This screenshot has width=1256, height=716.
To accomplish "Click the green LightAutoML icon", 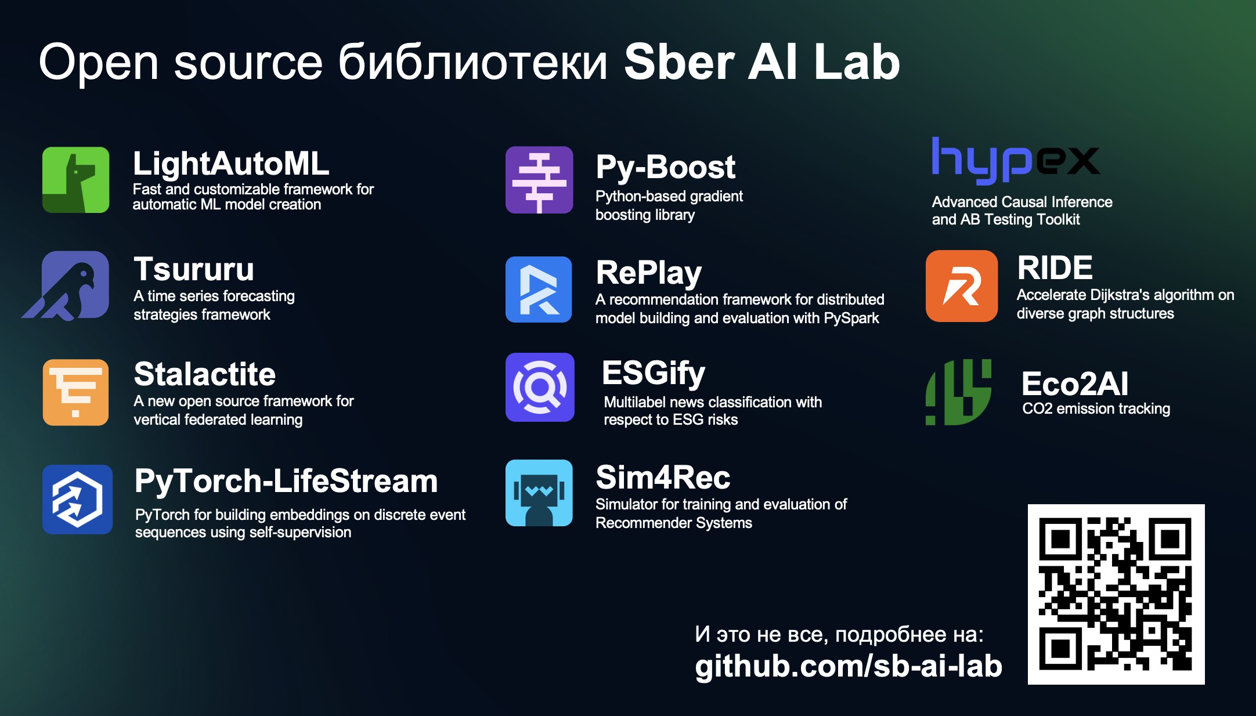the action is (75, 180).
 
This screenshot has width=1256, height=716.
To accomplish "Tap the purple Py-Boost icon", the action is (539, 180).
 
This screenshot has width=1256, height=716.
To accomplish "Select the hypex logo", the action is (1015, 161).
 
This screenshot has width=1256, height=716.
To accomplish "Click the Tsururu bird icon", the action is (67, 285).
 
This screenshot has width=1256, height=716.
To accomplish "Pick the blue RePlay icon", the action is (539, 290).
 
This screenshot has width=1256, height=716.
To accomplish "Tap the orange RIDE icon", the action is (962, 286).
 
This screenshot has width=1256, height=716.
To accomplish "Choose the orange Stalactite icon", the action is (75, 392).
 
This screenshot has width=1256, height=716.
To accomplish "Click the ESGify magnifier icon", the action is (540, 387).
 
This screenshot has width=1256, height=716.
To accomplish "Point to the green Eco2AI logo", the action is (958, 392).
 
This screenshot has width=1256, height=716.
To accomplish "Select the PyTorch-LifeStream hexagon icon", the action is (77, 499).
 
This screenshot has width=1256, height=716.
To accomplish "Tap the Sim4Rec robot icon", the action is (539, 493).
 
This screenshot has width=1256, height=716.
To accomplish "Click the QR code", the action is (1116, 594).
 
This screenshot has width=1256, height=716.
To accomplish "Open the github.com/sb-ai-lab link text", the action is (849, 666).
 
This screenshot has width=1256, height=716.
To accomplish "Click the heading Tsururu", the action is (194, 269).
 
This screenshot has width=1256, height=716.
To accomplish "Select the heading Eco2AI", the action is (1075, 384).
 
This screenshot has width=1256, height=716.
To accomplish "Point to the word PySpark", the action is (851, 319).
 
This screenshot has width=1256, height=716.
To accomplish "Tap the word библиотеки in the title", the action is (473, 62).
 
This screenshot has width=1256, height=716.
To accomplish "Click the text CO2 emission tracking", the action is (1096, 409).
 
